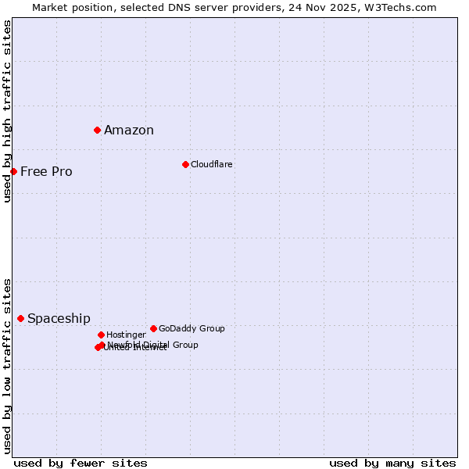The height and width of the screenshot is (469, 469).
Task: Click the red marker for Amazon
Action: click(97, 130)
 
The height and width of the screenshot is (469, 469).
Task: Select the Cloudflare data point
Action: click(185, 164)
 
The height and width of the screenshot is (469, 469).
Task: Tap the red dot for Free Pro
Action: click(13, 171)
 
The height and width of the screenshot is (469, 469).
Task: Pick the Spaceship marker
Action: click(20, 318)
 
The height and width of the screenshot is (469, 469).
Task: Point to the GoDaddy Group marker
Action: click(153, 328)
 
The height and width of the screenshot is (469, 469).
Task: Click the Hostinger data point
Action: click(101, 335)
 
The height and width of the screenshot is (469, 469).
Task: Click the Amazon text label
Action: click(129, 131)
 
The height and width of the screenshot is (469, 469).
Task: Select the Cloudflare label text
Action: click(212, 164)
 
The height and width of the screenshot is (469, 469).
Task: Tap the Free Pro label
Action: click(46, 172)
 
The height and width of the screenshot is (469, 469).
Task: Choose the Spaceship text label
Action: click(59, 319)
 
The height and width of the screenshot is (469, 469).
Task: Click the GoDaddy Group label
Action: click(192, 328)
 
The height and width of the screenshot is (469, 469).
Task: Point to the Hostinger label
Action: click(126, 335)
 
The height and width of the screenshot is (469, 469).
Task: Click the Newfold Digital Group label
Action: click(153, 345)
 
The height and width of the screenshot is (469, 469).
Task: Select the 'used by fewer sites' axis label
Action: click(81, 463)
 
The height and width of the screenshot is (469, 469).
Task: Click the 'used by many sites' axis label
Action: click(392, 463)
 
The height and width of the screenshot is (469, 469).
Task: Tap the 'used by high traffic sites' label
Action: click(7, 111)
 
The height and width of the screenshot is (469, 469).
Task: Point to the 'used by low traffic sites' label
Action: click(7, 366)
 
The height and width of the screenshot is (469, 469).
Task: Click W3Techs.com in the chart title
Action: click(399, 7)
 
